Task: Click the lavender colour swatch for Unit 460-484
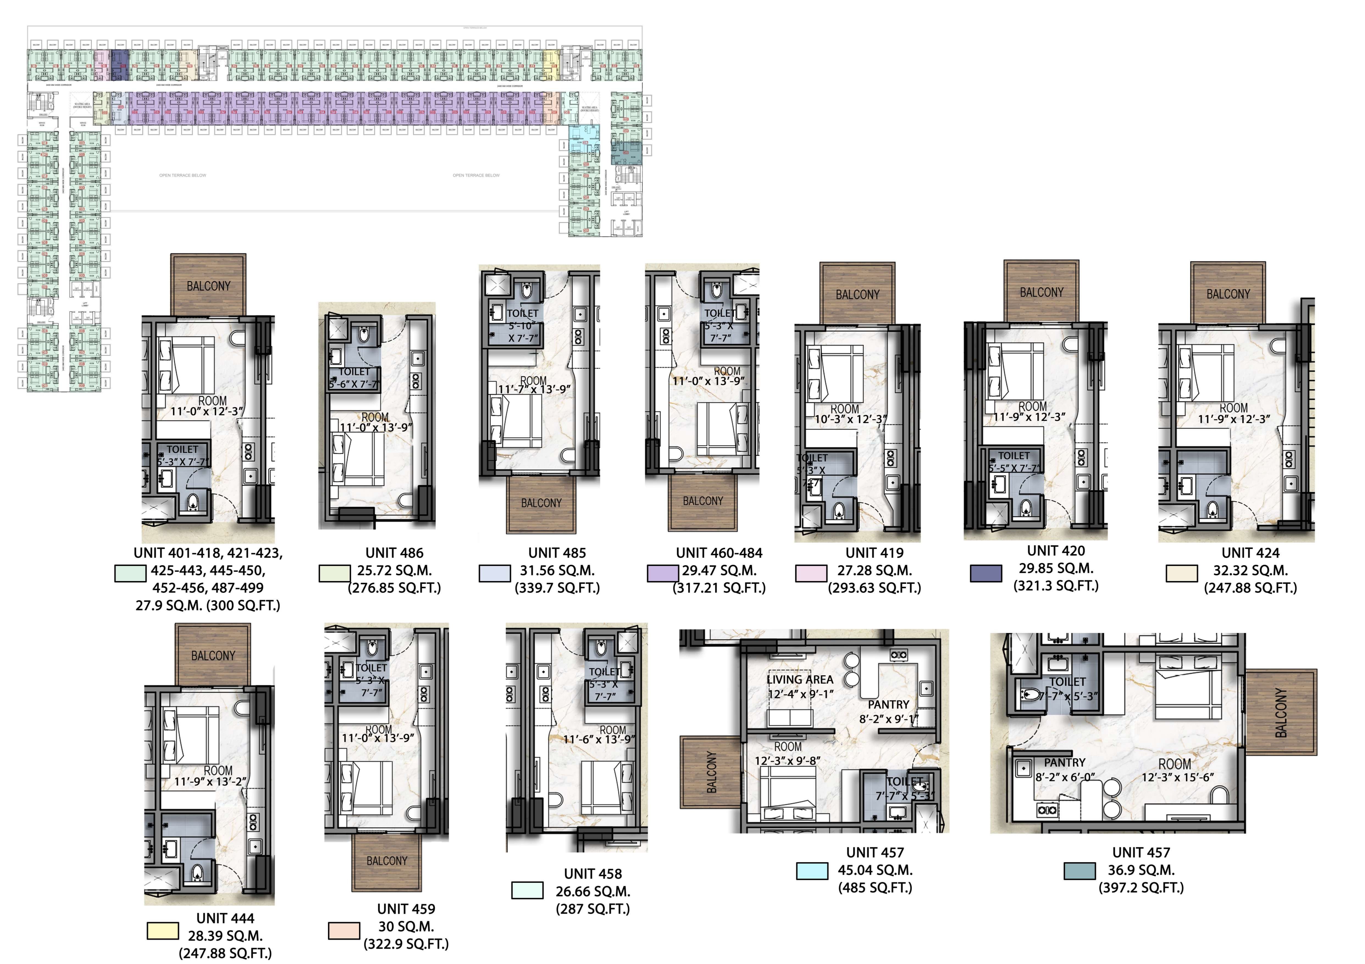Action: (x=662, y=573)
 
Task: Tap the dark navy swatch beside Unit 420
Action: (x=985, y=573)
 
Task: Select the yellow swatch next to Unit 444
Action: (x=162, y=931)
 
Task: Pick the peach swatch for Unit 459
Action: (x=344, y=931)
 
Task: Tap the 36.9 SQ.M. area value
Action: (x=1141, y=870)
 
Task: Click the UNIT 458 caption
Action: (x=593, y=874)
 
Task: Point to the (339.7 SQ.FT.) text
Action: (x=557, y=588)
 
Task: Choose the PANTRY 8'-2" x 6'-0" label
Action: (x=1065, y=770)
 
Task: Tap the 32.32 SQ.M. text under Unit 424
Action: (x=1250, y=571)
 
